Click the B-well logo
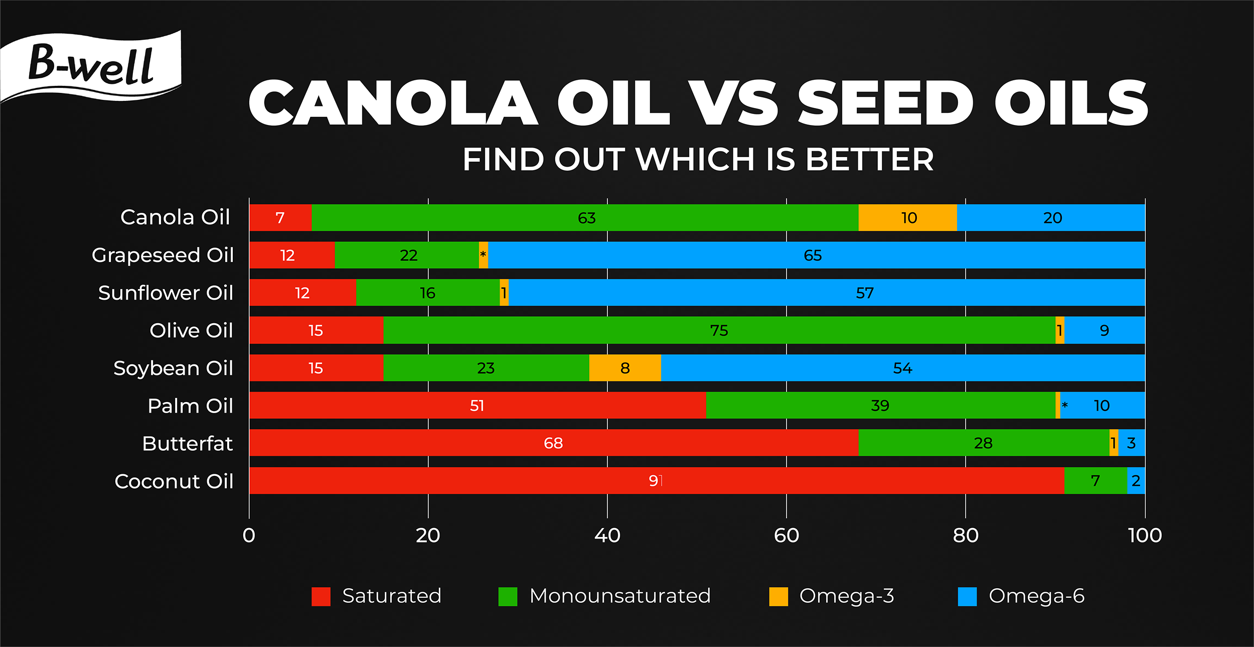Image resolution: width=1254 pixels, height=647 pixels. click(x=91, y=66)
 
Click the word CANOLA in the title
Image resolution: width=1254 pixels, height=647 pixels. click(x=394, y=103)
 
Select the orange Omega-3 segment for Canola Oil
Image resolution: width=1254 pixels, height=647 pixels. click(x=907, y=218)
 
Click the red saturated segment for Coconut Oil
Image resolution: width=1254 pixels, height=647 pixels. click(x=657, y=481)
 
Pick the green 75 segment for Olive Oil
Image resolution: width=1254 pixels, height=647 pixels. click(x=719, y=330)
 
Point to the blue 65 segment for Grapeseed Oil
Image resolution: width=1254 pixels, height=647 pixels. click(x=817, y=255)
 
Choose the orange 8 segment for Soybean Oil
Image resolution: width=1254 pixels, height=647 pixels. click(x=625, y=368)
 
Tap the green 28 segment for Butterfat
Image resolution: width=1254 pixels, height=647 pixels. click(x=984, y=443)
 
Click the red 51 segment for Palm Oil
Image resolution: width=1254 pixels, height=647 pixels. click(x=478, y=406)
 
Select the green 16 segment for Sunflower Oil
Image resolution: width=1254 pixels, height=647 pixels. click(x=428, y=293)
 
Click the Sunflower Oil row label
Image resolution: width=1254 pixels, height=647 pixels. click(x=166, y=293)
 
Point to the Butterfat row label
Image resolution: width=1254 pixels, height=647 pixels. click(x=188, y=444)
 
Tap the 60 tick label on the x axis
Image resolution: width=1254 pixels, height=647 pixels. click(x=787, y=536)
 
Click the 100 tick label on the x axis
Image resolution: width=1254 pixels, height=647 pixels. click(x=1145, y=536)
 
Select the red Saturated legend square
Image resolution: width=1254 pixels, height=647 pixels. click(x=321, y=596)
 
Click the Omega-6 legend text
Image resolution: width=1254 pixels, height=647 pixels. click(x=1036, y=596)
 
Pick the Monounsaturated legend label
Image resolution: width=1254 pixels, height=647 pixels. click(x=620, y=596)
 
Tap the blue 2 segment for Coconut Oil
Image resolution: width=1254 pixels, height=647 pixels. click(x=1137, y=481)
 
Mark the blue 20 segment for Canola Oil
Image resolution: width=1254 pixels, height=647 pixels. click(x=1051, y=218)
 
